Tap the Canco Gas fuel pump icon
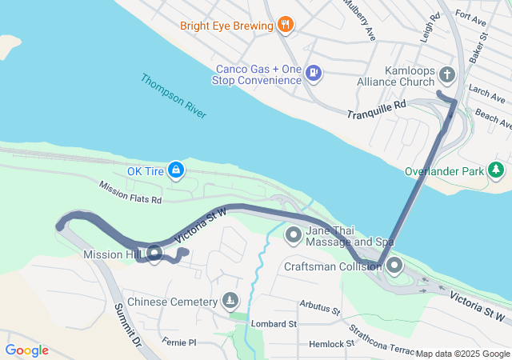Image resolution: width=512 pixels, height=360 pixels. [x=314, y=74]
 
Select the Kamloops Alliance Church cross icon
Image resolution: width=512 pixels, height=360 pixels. [x=447, y=75]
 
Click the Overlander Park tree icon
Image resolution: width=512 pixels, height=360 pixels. [x=496, y=170]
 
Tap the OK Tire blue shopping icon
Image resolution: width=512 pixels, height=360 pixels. [x=176, y=170]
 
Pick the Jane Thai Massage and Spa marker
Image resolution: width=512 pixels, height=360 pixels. [x=294, y=235]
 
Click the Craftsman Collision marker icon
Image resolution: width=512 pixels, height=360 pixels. [x=394, y=266]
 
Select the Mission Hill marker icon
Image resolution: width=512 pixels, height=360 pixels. [x=154, y=254]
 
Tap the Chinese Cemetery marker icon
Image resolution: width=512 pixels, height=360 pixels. [x=230, y=302]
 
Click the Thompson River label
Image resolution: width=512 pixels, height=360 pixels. [x=174, y=96]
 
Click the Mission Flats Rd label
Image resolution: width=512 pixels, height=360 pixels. [x=130, y=191]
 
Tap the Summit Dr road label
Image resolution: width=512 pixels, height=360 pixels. [x=126, y=325]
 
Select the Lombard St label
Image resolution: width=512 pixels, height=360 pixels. [x=274, y=324]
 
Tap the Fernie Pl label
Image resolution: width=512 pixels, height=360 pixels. [x=178, y=342]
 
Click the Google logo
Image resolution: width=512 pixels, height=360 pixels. [x=26, y=350]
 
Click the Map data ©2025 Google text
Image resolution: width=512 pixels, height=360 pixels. [x=462, y=354]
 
